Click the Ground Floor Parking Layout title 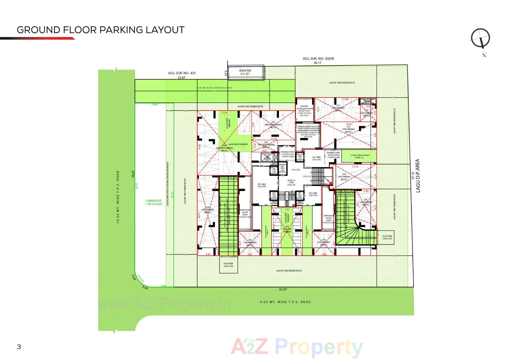(x=100, y=30)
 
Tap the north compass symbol (x=481, y=38)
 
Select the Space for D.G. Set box (x=245, y=72)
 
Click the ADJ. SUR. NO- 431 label (x=182, y=73)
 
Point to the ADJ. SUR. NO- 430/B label (x=318, y=59)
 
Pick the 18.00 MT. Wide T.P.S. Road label (x=118, y=197)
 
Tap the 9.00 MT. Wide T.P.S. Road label (x=285, y=302)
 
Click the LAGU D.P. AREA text (x=418, y=176)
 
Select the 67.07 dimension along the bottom (x=283, y=289)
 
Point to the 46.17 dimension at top (x=317, y=63)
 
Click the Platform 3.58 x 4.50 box (x=387, y=237)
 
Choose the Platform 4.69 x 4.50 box (x=228, y=265)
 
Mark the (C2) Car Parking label (x=348, y=129)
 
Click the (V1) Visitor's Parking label (x=273, y=125)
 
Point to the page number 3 (x=19, y=347)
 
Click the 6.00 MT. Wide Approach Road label (x=214, y=88)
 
